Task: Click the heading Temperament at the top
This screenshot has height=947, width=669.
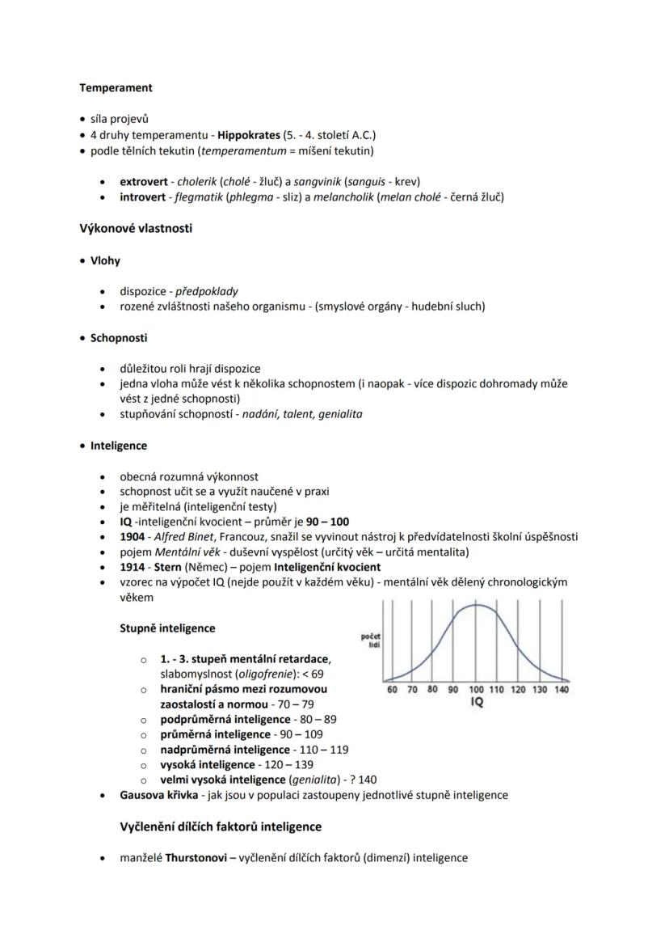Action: (x=116, y=87)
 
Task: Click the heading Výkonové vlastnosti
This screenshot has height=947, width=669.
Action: (x=135, y=228)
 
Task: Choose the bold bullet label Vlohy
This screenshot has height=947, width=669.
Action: (x=105, y=260)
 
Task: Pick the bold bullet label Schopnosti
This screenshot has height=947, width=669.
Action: (x=118, y=337)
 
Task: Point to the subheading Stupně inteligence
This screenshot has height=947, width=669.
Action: (x=167, y=628)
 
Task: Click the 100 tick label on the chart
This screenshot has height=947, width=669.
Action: (x=476, y=690)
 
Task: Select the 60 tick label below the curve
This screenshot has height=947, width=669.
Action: (x=392, y=690)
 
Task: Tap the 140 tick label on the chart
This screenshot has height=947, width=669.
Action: (x=561, y=690)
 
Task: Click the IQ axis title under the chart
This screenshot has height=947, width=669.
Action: (x=477, y=704)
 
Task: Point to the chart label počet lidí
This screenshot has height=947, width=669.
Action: (x=370, y=640)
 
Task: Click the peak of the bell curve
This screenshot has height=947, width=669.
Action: (x=477, y=605)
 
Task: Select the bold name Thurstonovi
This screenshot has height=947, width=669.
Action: (x=195, y=857)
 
